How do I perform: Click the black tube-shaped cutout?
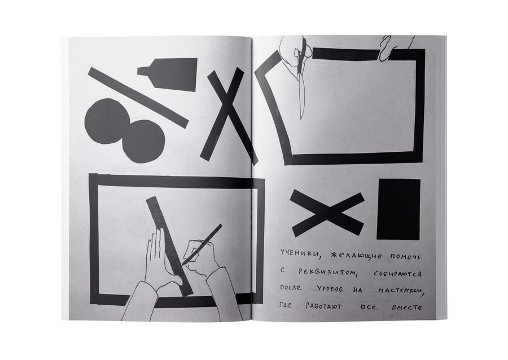[x=172, y=74]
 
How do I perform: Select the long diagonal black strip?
[x=138, y=98]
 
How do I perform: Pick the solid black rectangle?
[x=398, y=209]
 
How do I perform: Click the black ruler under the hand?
[x=169, y=247]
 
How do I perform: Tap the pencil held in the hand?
[x=202, y=244]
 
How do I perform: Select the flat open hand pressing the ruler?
[x=159, y=259]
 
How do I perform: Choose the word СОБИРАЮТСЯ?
[x=397, y=274]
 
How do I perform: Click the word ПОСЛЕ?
[x=291, y=287]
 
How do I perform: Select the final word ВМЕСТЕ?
[x=407, y=308]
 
